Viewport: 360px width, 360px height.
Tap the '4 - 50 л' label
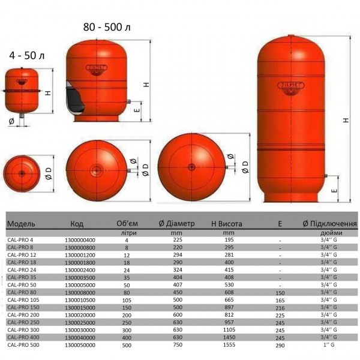click(27, 56)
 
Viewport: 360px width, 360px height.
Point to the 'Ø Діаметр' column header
click(177, 224)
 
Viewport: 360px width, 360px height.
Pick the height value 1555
click(227, 346)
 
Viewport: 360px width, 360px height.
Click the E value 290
click(280, 346)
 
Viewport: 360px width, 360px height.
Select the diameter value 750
click(178, 346)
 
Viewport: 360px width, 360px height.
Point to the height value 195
click(227, 240)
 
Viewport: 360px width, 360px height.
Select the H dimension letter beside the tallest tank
click(345, 120)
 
